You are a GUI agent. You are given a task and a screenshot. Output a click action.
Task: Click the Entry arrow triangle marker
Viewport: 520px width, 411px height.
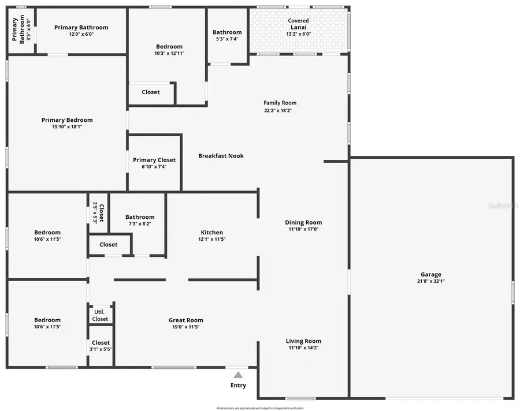pos(238,375)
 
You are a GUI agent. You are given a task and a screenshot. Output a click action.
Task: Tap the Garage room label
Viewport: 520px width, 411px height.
pos(430,275)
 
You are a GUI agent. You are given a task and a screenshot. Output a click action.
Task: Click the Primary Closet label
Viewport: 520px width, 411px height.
pos(154,160)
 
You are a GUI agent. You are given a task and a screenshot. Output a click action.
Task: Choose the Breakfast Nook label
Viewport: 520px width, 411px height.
pos(221,156)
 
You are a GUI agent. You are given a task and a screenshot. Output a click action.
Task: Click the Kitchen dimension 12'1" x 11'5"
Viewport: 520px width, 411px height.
pos(211,239)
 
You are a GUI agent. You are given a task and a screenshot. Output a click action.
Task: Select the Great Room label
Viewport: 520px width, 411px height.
pos(186,320)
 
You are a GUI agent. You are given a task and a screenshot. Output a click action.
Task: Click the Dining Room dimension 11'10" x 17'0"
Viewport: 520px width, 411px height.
pos(303,229)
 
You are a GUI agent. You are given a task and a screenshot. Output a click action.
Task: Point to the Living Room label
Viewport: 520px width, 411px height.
pos(303,341)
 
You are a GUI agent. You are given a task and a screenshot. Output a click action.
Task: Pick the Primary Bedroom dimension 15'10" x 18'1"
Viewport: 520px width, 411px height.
pos(67,127)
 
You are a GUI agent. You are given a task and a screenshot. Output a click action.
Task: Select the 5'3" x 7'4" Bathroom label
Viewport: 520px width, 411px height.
pos(227,32)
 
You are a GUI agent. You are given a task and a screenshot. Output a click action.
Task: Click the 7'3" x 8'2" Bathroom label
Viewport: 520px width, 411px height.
pos(140,217)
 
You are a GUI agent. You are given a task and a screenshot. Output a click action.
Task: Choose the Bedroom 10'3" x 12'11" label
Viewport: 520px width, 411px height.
pos(169,47)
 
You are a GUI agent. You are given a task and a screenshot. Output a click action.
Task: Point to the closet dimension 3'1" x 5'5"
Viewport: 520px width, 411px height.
pos(101,349)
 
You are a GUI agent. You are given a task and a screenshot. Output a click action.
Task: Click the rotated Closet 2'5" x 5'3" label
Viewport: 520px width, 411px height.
pos(102,212)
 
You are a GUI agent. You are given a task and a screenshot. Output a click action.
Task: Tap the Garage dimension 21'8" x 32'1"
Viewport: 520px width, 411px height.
pos(430,282)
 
